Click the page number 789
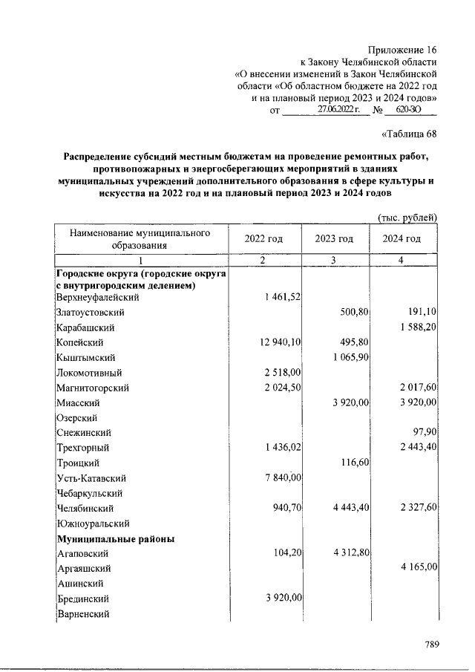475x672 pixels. [433, 645]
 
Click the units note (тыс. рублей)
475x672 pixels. [407, 218]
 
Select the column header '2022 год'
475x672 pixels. [263, 238]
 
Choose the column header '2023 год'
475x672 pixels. [333, 238]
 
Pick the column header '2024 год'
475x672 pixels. [402, 238]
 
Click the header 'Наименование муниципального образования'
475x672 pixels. [140, 238]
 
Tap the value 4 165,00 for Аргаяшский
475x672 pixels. [417, 567]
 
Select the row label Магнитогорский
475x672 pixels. [94, 387]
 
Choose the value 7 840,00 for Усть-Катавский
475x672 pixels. [278, 477]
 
